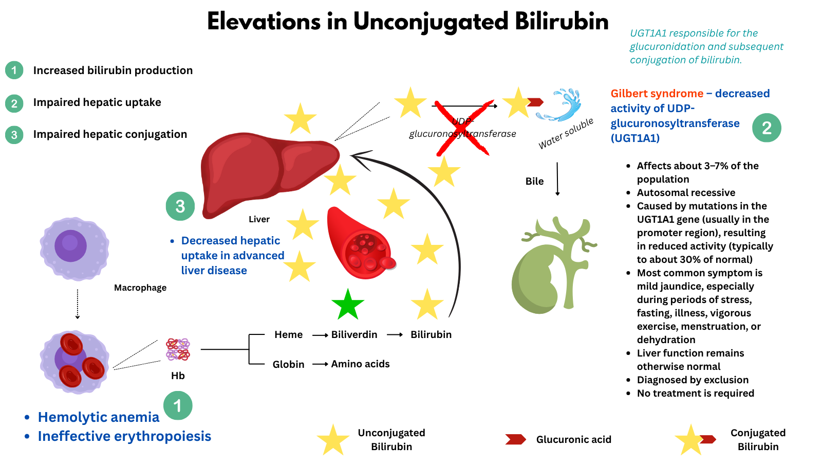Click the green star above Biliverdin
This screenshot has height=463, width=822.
point(348,305)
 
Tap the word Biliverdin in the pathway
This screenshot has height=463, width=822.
point(354,334)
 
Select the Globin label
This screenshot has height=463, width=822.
point(288,364)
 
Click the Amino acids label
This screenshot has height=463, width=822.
point(360,364)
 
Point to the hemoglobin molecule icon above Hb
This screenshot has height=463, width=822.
point(178,349)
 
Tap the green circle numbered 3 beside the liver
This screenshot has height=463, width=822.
point(180,206)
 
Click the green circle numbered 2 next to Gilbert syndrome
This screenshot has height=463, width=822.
point(767,128)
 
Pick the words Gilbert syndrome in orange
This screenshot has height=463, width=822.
point(657,94)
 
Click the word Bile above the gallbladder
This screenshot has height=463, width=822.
point(534,181)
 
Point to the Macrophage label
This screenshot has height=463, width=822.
point(140,288)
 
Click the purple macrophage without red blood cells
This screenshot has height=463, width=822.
point(74,248)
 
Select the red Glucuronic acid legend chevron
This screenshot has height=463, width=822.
point(515,439)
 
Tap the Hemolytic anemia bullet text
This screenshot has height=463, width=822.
point(99,417)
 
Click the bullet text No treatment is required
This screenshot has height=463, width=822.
point(695,393)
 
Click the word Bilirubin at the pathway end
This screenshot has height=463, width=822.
point(431,334)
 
